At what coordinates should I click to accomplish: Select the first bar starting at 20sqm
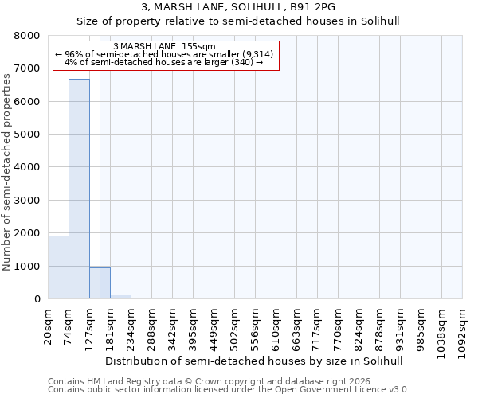tap(58, 267)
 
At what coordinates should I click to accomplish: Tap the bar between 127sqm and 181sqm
tap(100, 283)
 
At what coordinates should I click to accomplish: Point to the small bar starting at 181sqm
tap(120, 296)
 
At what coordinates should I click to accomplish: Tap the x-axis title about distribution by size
tap(254, 361)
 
